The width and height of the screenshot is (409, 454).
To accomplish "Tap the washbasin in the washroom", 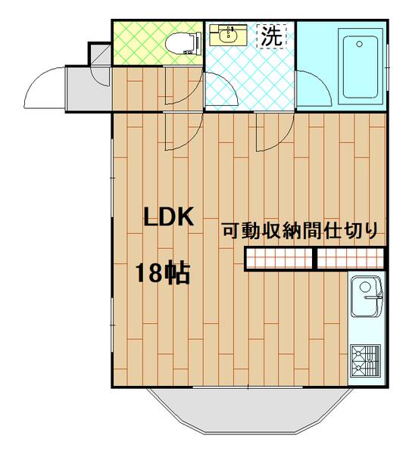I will click(x=226, y=35).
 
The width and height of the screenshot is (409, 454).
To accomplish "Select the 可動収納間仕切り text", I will click(x=299, y=232).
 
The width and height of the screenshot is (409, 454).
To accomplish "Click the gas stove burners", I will click(x=367, y=360).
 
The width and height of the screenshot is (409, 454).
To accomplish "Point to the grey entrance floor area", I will click(x=88, y=89).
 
